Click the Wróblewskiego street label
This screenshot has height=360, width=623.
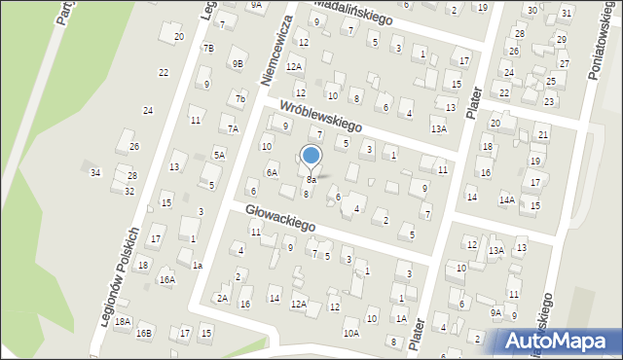pyautogui.click(x=320, y=114)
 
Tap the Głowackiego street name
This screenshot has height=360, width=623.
pyautogui.click(x=280, y=217)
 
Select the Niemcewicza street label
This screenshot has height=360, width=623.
pyautogui.click(x=278, y=50)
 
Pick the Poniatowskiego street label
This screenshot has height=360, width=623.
pyautogui.click(x=597, y=48)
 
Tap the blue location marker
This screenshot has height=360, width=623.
pyautogui.click(x=311, y=155)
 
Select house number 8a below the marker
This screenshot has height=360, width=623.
pyautogui.click(x=311, y=180)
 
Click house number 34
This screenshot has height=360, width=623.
pyautogui.click(x=95, y=172)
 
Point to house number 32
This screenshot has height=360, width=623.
pyautogui.click(x=128, y=191)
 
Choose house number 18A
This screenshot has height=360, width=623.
pyautogui.click(x=122, y=320)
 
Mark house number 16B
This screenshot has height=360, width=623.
pyautogui.click(x=144, y=333)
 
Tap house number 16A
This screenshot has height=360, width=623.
pyautogui.click(x=167, y=279)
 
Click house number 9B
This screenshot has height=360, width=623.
pyautogui.click(x=238, y=63)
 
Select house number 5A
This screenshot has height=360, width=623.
pyautogui.click(x=220, y=154)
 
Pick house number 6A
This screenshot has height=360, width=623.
pyautogui.click(x=273, y=172)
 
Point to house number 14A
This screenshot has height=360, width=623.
pyautogui.click(x=507, y=199)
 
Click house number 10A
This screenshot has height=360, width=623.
pyautogui.click(x=350, y=333)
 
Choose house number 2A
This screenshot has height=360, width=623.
pyautogui.click(x=222, y=298)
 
